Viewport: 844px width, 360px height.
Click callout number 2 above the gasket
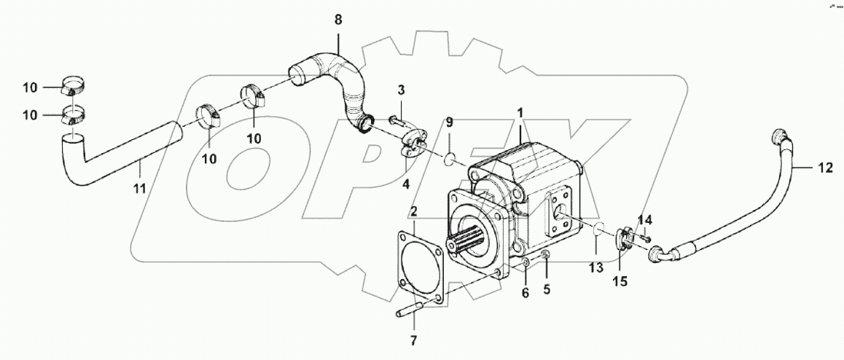point(413,212)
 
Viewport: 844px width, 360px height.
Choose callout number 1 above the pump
point(520,114)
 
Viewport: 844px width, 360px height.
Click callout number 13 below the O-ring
point(596,267)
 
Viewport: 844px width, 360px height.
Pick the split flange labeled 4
point(413,146)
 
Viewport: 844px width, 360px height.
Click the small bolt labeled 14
point(644,236)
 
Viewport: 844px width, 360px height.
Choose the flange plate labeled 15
point(624,241)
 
